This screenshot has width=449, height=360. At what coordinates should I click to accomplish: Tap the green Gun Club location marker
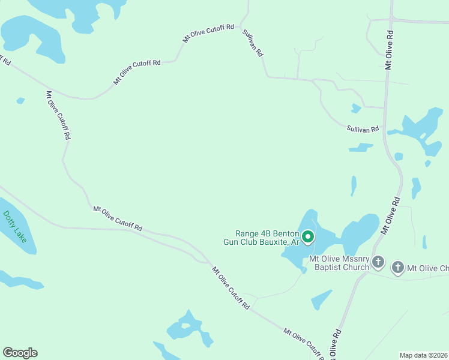point(308,238)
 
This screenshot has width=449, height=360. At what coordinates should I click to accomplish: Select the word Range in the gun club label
point(247,233)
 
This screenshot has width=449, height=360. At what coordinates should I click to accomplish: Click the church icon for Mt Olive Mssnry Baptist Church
point(378,262)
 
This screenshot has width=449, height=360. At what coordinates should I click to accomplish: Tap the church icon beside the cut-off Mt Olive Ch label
point(398,268)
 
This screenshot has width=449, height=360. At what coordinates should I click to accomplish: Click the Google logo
point(20,353)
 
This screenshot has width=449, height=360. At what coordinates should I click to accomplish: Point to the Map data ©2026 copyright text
point(423,355)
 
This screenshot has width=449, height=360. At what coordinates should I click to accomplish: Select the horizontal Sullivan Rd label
point(363,128)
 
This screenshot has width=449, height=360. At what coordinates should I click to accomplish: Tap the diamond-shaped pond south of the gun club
point(321,299)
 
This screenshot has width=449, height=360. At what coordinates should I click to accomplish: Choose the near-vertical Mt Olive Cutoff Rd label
point(58,115)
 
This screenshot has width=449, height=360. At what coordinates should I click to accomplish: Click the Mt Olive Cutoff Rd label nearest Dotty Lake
point(118,218)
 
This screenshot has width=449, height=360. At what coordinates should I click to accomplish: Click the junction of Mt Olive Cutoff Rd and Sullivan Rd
point(241,26)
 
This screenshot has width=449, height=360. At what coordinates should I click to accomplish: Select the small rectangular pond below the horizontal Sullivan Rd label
point(361,147)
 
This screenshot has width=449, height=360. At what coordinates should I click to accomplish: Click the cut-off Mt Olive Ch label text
point(428,268)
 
